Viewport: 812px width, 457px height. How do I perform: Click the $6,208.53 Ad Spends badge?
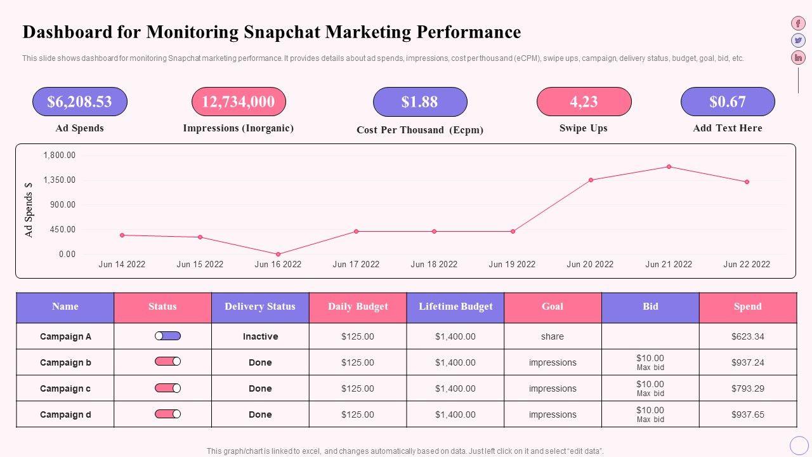click(x=80, y=102)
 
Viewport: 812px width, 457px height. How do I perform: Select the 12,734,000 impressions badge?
click(x=239, y=102)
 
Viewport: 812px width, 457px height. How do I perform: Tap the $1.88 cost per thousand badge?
click(x=420, y=102)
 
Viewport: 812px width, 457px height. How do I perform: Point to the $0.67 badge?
click(x=728, y=102)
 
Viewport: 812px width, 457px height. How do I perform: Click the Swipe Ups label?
click(x=584, y=128)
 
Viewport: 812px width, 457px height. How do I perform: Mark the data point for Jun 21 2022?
click(x=669, y=167)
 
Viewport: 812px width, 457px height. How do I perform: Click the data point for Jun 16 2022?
click(x=278, y=254)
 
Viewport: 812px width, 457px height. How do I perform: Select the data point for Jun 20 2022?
click(x=591, y=180)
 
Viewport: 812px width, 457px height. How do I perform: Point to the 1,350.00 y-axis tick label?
click(x=59, y=180)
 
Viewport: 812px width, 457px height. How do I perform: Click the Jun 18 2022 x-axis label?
click(x=434, y=265)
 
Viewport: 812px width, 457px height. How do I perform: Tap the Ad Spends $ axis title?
click(x=29, y=209)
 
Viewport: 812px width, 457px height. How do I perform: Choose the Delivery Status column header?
click(x=260, y=307)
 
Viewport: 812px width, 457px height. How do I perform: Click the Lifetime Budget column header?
click(x=455, y=307)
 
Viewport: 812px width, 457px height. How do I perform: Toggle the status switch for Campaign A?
click(x=167, y=336)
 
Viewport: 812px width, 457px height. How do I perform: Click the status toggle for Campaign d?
click(x=167, y=414)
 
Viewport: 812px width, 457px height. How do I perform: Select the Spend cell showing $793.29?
click(x=748, y=388)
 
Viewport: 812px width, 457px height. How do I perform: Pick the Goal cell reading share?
click(x=553, y=336)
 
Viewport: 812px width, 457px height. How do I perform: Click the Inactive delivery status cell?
click(x=260, y=336)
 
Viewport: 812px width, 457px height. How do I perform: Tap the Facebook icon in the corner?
click(x=798, y=23)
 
